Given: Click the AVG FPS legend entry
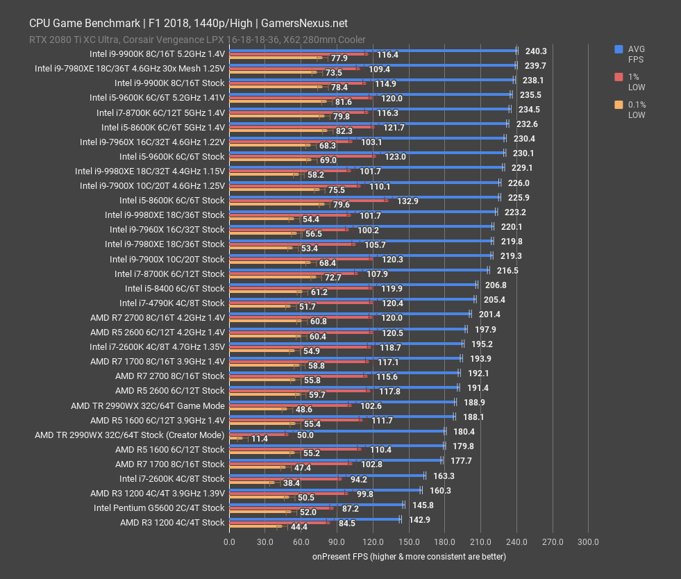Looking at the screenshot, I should (636, 54).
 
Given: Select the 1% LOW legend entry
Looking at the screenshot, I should (636, 82).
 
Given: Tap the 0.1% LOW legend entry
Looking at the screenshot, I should (636, 110).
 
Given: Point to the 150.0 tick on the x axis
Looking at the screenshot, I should (409, 542).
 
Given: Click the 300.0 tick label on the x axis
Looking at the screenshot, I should (589, 542).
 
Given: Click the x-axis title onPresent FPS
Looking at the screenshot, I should (409, 556).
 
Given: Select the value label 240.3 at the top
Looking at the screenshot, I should (536, 51).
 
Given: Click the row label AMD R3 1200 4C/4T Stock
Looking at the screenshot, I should (172, 522).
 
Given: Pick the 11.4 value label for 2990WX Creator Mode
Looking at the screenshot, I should (259, 439).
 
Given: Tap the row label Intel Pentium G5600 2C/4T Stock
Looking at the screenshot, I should (159, 507).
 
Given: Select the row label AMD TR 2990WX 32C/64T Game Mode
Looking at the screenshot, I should (147, 405).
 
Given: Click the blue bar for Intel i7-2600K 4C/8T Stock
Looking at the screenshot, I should (326, 476).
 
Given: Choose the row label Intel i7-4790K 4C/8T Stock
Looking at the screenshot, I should (171, 303).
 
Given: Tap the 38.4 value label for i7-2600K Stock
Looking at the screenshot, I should (291, 483).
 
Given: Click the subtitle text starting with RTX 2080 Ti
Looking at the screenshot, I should (197, 40).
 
